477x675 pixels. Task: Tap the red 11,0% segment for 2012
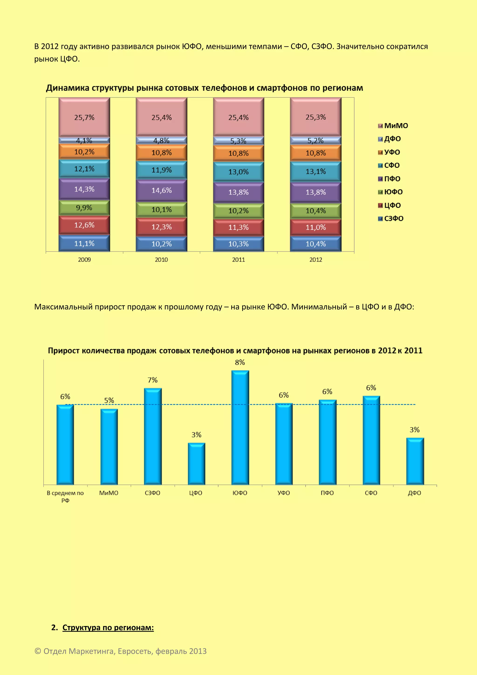(316, 227)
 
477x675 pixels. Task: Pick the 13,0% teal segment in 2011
(238, 172)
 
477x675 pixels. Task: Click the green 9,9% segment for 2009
(84, 207)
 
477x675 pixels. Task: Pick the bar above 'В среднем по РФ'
(65, 444)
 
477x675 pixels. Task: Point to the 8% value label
(240, 362)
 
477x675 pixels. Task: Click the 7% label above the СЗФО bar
(153, 380)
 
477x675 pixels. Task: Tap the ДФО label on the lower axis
(414, 493)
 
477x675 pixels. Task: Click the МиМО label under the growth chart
(109, 493)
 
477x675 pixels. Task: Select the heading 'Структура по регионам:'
(108, 628)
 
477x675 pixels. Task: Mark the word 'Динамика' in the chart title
(68, 88)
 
